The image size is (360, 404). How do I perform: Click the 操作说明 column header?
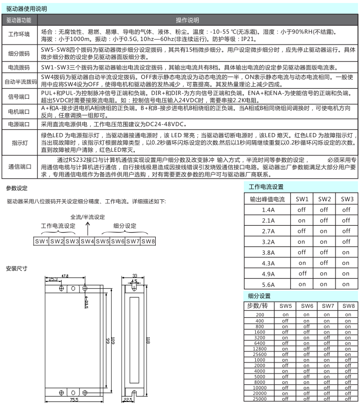point(187,21)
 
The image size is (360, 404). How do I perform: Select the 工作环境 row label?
point(20,35)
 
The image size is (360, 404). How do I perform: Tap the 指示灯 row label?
point(20,142)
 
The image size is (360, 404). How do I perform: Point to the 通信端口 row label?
point(20,167)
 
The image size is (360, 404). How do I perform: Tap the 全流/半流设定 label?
point(88,217)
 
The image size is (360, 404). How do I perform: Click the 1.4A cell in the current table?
point(268,210)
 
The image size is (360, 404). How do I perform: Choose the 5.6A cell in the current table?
point(268,284)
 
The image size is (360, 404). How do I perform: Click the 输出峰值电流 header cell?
point(268,199)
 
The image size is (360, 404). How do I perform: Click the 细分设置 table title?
point(259,296)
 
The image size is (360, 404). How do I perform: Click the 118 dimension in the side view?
point(148,340)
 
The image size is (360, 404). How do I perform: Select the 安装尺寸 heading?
point(17,268)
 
